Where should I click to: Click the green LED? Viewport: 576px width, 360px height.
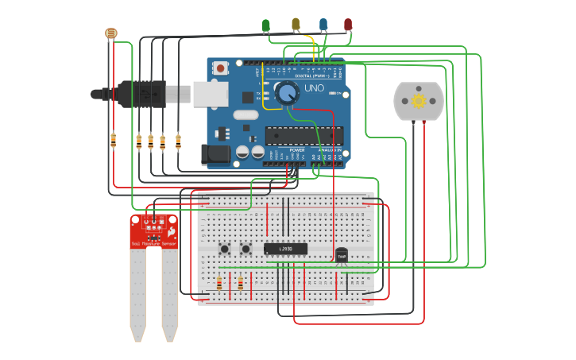point(266,25)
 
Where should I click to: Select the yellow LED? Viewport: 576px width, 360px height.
point(296,25)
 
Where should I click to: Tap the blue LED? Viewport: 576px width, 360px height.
point(323,25)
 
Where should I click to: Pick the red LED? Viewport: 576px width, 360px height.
point(348,25)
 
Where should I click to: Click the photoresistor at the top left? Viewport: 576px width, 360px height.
point(110,33)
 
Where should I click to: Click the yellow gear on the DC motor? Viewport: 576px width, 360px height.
point(418,101)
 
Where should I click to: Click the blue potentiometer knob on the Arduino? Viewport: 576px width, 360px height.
point(286,93)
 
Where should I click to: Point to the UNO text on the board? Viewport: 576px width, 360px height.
point(315,88)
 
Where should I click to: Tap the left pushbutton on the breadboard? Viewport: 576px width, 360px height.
point(225,250)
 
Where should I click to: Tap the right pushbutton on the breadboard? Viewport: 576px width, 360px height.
point(245,250)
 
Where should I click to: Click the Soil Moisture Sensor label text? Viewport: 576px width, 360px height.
point(153,244)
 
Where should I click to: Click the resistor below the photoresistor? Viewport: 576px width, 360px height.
point(113,141)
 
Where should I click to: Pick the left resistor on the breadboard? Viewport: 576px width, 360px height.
point(219,283)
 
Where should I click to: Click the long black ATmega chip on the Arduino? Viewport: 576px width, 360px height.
point(304,136)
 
